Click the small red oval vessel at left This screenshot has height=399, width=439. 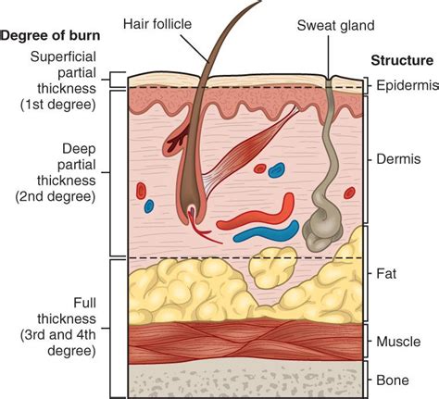click(141, 192)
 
